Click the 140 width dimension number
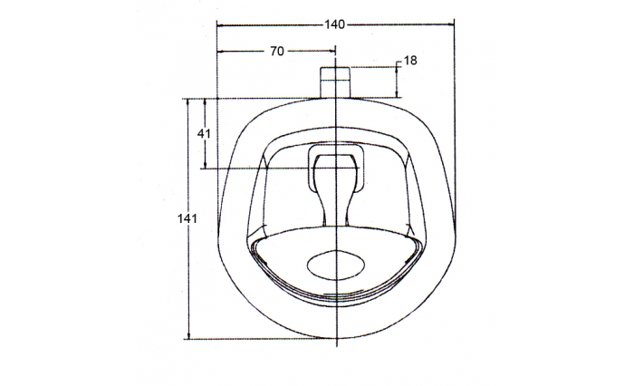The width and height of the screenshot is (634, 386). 334,24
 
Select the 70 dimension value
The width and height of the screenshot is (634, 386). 277,52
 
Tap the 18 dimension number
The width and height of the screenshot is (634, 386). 410,61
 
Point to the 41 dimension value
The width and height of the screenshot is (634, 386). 204,132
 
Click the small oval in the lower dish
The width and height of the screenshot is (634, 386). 336,265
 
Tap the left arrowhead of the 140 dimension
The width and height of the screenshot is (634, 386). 220,24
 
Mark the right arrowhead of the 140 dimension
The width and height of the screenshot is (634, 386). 452,24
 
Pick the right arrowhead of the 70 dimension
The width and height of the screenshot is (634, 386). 333,52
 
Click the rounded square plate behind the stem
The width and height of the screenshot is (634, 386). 336,169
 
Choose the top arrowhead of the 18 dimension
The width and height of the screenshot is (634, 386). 398,68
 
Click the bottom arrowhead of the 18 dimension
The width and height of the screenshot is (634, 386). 398,95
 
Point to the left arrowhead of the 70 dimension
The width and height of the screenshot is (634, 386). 220,52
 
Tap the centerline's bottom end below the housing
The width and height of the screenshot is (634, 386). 336,347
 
